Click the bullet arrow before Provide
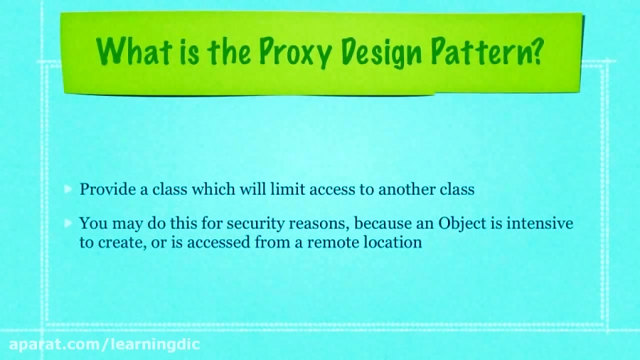[68, 189]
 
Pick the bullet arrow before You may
[68, 223]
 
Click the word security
[255, 223]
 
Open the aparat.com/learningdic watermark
[105, 344]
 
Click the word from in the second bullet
[272, 242]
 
